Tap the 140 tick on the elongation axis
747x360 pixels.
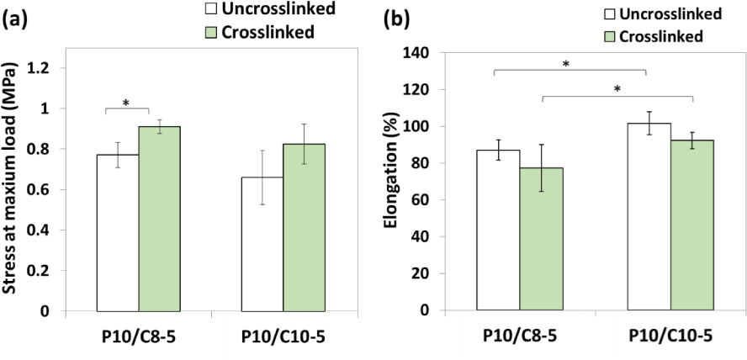click(x=445, y=53)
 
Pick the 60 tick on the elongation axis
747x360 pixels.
click(x=449, y=200)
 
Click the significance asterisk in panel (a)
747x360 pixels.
click(x=126, y=103)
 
